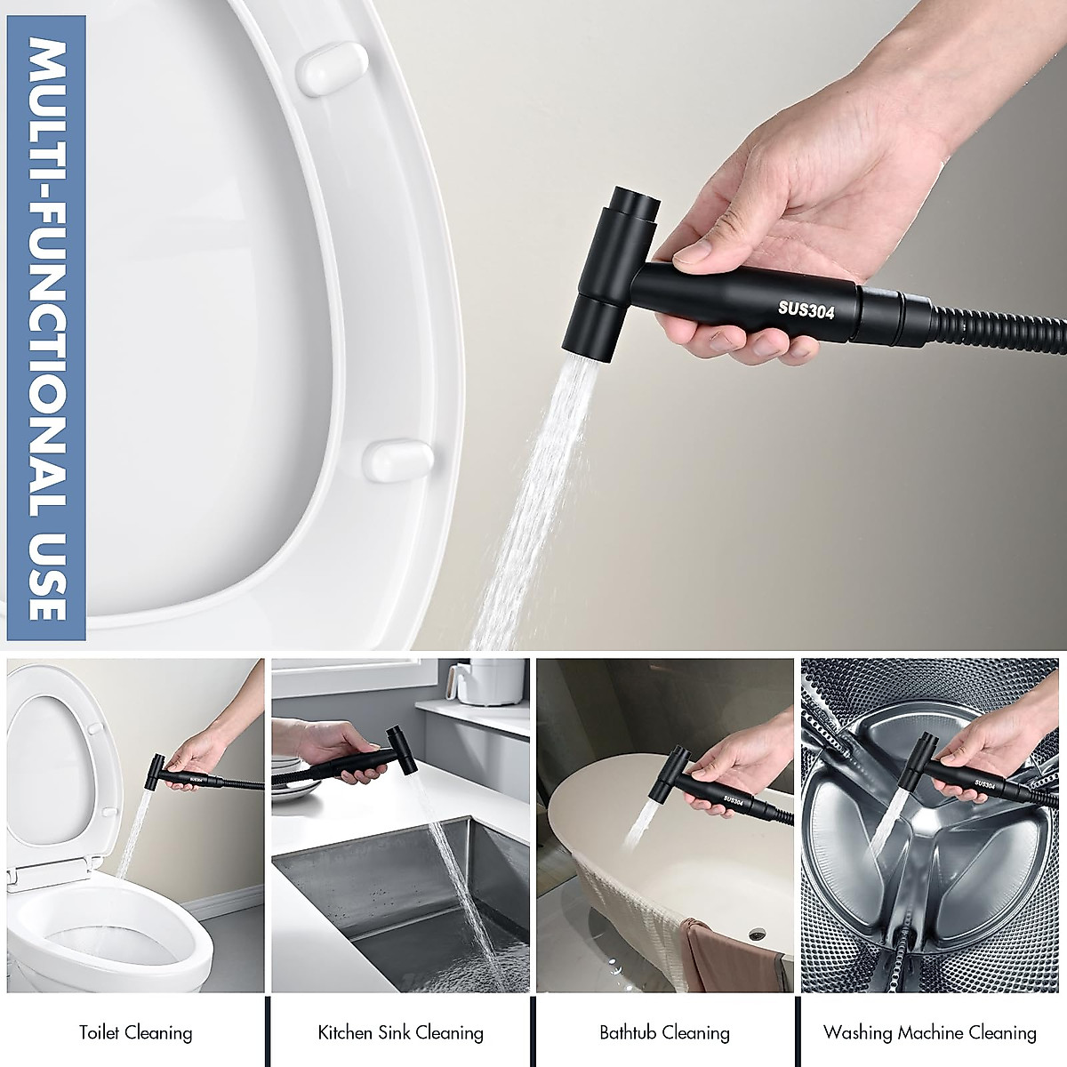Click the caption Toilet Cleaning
tap(135, 1032)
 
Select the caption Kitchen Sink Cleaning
tap(400, 1032)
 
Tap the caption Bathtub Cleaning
tap(664, 1032)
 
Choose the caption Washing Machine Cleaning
tap(929, 1032)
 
